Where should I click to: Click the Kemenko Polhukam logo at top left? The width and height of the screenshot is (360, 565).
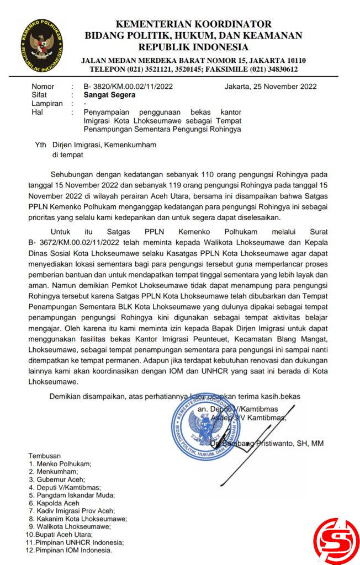[x=42, y=45]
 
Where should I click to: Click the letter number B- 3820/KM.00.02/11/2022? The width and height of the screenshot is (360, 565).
[x=128, y=86]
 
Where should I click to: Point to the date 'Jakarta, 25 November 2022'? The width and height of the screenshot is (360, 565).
[x=271, y=86]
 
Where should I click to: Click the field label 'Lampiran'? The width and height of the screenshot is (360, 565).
[x=47, y=103]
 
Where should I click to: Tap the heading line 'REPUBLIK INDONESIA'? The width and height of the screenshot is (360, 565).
[x=193, y=47]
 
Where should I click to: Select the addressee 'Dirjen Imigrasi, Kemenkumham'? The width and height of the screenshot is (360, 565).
[x=104, y=145]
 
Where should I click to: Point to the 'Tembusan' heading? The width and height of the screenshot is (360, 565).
[x=44, y=456]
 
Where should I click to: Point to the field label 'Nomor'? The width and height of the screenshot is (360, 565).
[x=43, y=86]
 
